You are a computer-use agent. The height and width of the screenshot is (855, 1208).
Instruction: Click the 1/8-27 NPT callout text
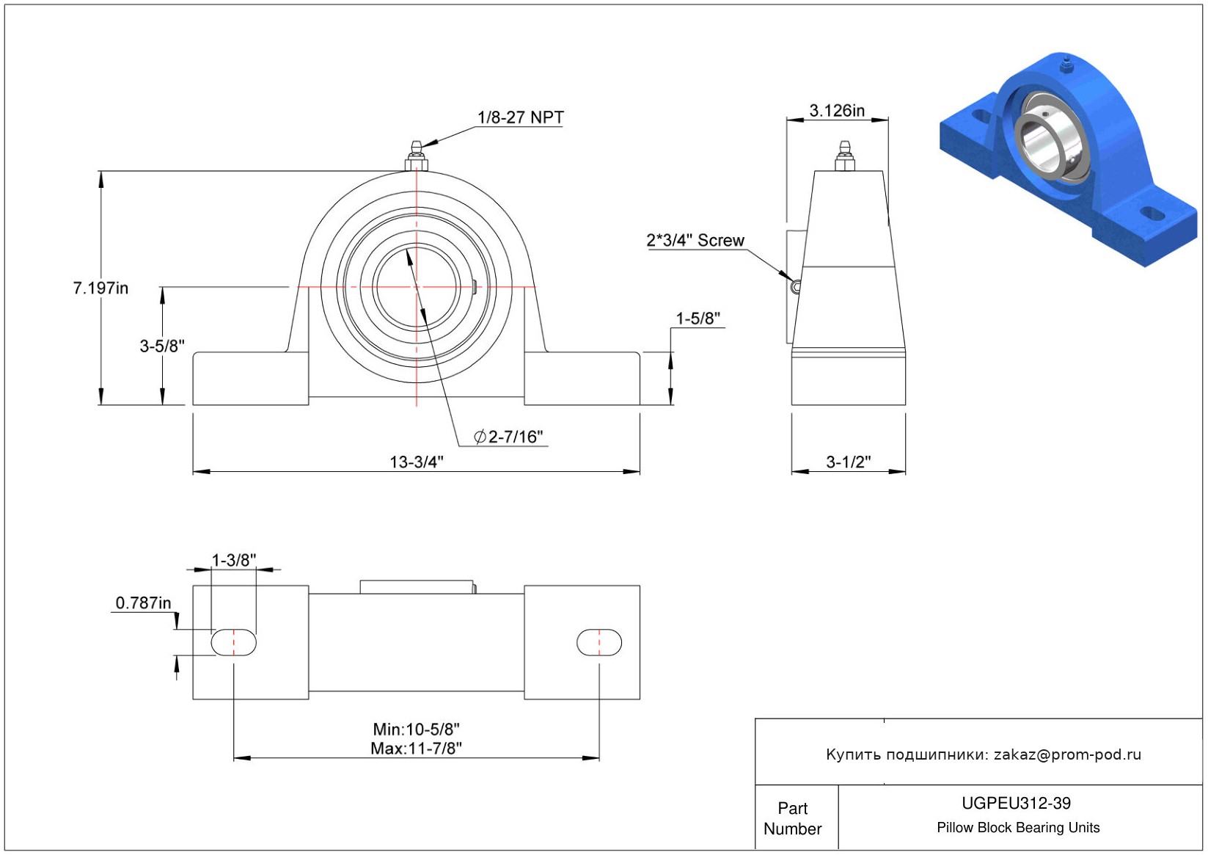[521, 117]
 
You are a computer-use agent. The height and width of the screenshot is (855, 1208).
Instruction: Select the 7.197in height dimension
[100, 288]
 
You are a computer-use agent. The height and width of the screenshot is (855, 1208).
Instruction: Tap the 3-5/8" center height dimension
[162, 346]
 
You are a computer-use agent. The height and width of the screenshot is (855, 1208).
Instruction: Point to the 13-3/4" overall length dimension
[417, 462]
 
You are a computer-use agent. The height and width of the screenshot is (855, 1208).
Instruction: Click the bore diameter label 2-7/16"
[508, 436]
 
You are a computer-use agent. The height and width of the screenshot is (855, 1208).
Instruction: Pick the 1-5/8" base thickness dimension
[698, 319]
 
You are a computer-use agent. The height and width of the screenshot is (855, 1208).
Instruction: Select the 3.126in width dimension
[836, 111]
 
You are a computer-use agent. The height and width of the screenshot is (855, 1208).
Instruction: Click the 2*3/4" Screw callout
[695, 240]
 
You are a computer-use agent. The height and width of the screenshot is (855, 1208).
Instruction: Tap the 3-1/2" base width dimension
[849, 462]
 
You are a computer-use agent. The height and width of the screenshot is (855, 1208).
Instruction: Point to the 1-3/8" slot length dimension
[233, 560]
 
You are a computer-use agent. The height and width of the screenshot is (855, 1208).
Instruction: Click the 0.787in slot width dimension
[144, 603]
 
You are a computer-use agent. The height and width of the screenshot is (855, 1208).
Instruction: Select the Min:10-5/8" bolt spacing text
[417, 730]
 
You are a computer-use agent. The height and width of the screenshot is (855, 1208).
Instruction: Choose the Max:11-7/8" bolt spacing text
[417, 749]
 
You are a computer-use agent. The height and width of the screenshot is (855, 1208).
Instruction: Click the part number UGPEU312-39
[1016, 803]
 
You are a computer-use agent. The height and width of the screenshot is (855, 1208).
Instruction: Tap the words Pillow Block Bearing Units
[1017, 827]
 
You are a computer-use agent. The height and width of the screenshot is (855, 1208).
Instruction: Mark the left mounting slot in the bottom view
[233, 642]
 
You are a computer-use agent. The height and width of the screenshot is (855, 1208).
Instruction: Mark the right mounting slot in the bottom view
[599, 642]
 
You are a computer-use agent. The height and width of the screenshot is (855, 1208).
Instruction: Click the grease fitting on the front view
[417, 156]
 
